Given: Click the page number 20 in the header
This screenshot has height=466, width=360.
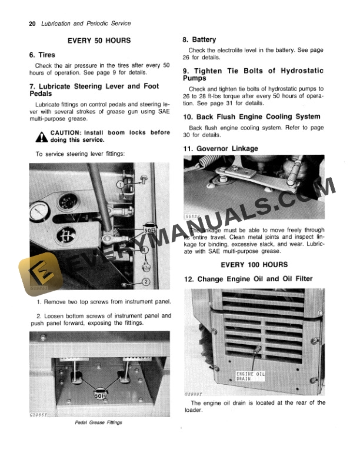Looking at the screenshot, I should coord(32,24).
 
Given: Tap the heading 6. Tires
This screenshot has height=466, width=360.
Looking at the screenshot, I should coord(42,55).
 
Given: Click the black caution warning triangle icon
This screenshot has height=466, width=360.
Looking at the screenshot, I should coord(41,137).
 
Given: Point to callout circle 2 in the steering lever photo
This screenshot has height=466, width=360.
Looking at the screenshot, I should coord(146,282).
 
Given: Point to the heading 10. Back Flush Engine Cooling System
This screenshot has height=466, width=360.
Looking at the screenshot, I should coord(259,116).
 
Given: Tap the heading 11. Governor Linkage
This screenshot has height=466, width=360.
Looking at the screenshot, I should coord(221,148).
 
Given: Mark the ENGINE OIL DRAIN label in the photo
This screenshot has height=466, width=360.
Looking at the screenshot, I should coord(251,376).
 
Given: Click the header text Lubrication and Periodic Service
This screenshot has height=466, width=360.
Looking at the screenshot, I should coord(85,24).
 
